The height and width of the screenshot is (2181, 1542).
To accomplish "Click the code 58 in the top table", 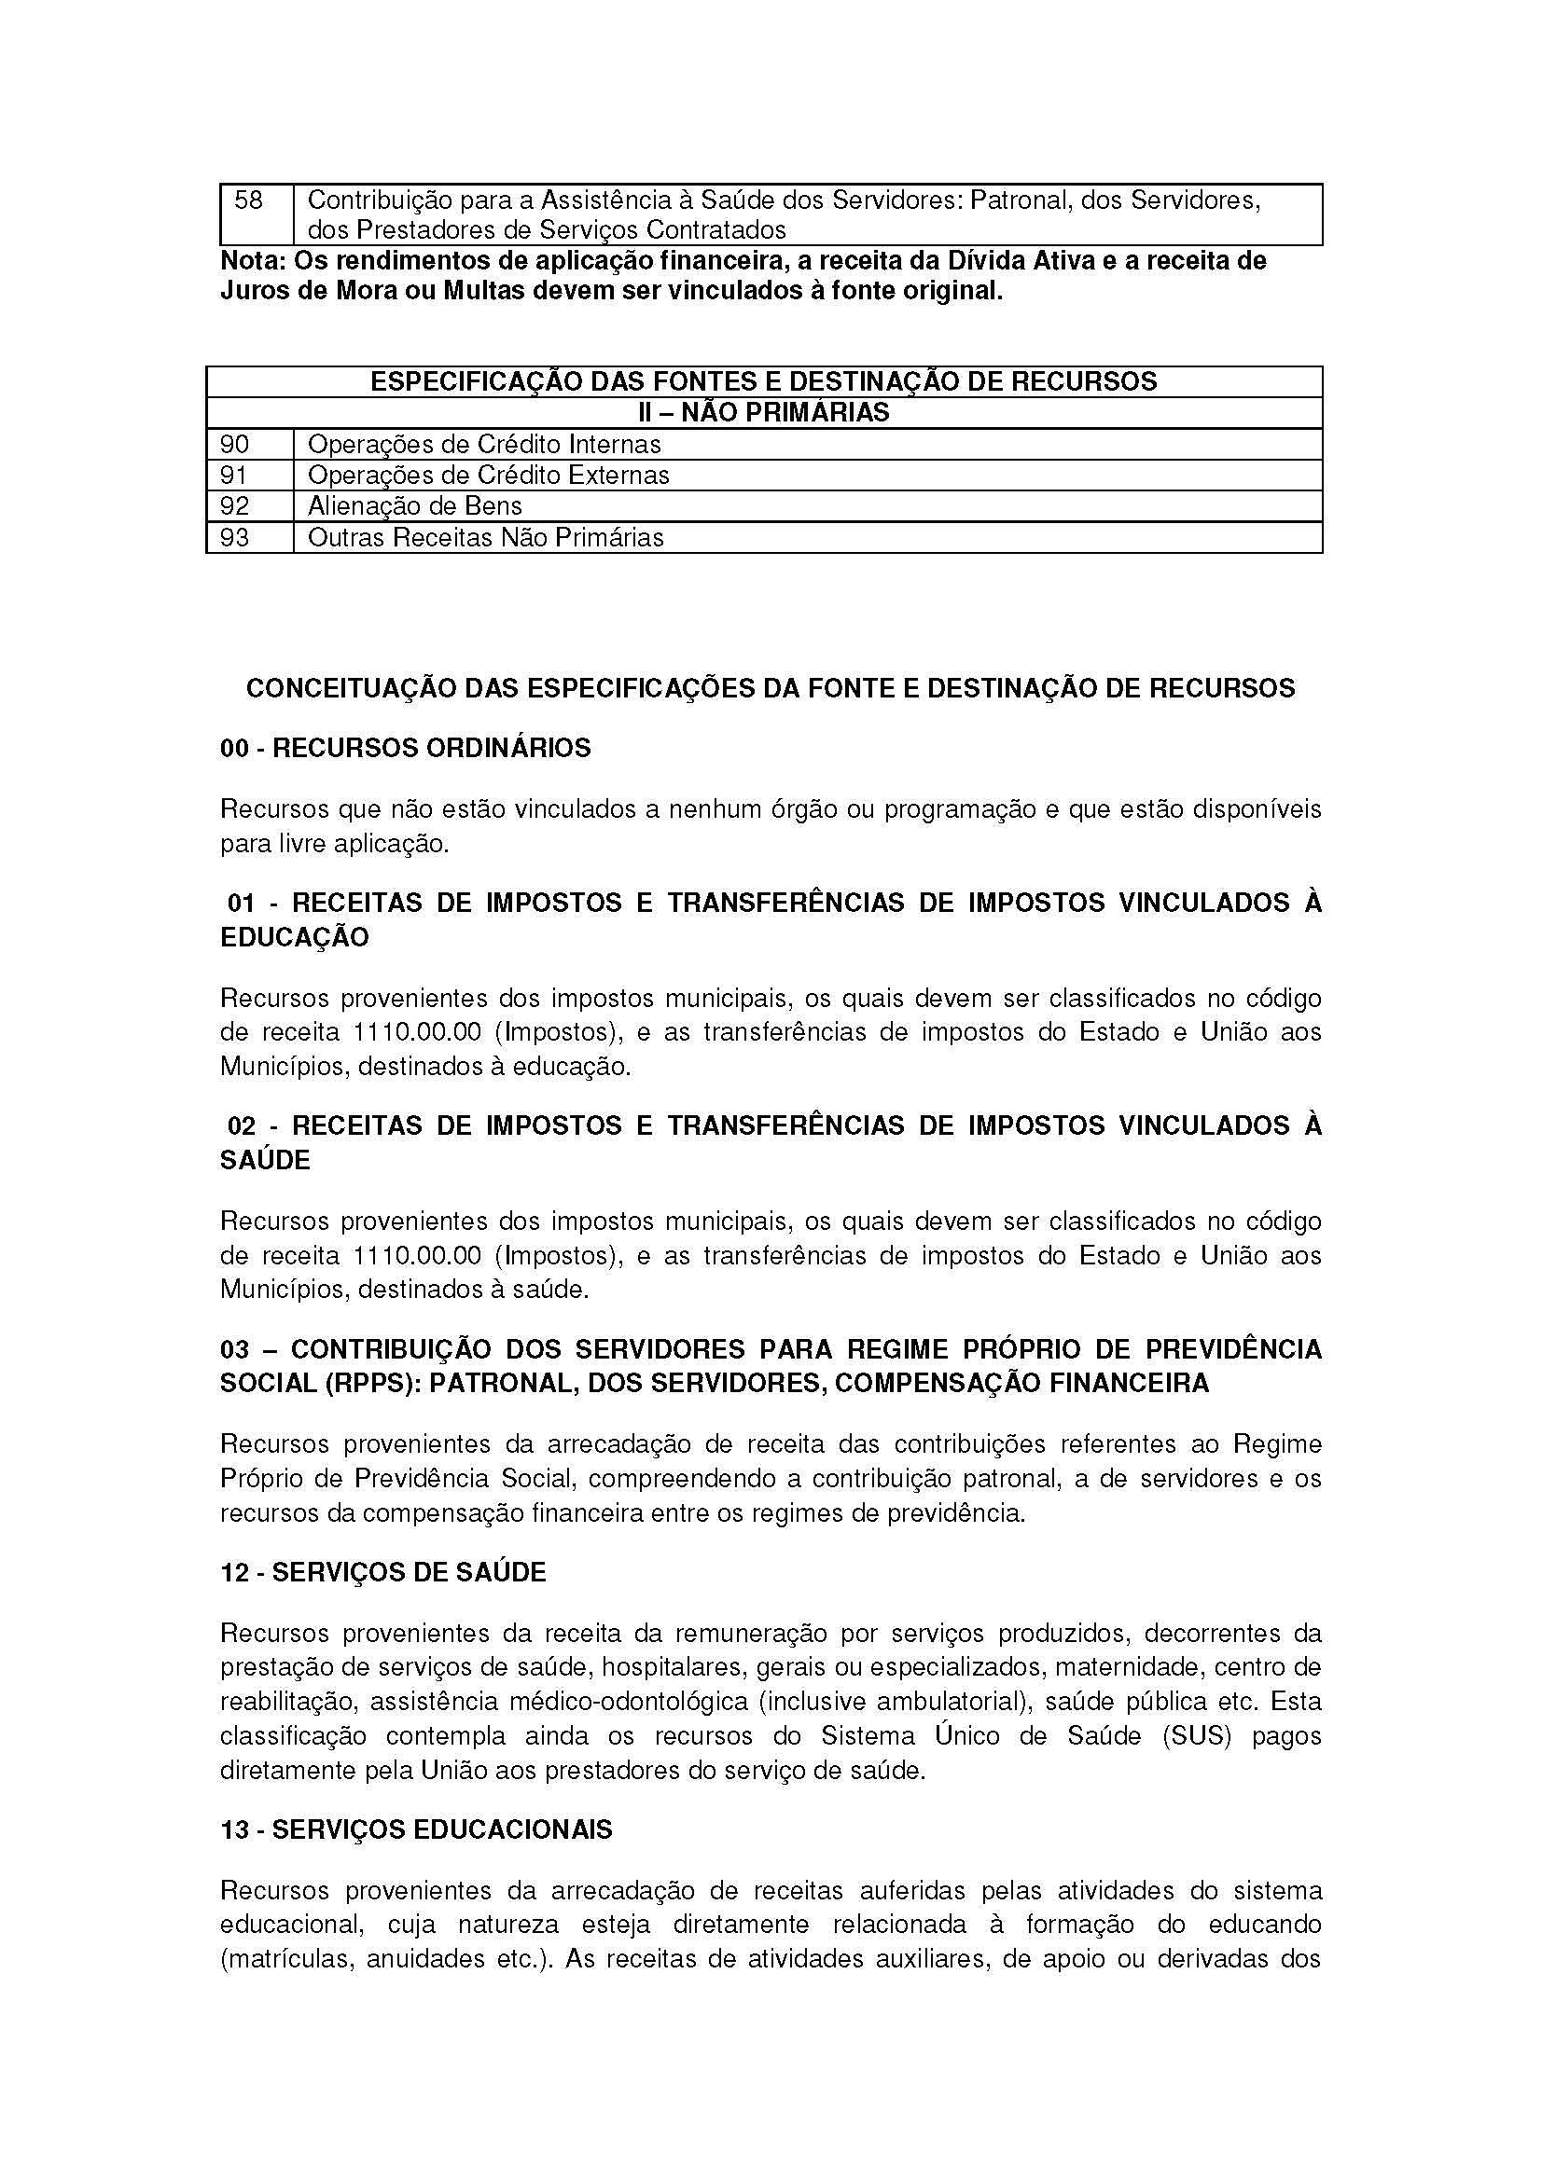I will (249, 200).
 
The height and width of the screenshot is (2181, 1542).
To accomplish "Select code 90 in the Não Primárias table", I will (235, 444).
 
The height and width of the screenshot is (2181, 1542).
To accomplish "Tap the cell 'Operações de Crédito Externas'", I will (489, 475).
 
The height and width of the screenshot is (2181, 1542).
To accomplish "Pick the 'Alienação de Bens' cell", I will (415, 506).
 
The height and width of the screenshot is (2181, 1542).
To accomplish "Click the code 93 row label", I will (235, 538).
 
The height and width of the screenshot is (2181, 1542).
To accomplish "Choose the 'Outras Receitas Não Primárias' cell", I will (485, 538).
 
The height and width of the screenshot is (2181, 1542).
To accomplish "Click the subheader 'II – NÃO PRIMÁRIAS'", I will (763, 412).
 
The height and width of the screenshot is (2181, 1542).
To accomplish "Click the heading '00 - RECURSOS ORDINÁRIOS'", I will (406, 748).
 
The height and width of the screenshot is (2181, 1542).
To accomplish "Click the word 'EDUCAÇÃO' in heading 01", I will (295, 936).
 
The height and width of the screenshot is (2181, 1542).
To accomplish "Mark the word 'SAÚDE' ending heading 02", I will (265, 1160).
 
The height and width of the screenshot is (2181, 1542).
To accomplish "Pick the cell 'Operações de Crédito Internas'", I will (484, 444).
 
